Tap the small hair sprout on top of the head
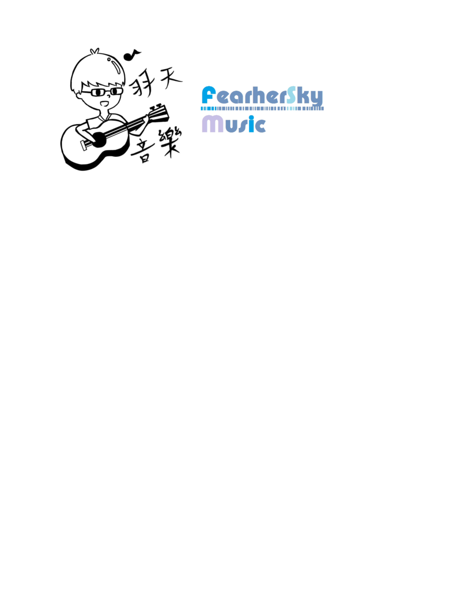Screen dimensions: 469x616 click(94, 51)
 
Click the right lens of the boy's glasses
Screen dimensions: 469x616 click(116, 91)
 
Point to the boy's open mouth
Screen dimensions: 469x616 click(105, 104)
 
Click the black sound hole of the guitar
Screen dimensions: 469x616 click(99, 139)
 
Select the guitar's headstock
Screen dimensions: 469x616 click(159, 113)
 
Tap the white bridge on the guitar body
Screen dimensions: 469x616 click(83, 145)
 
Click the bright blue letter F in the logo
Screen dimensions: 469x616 click(209, 95)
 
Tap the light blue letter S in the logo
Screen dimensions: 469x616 click(291, 95)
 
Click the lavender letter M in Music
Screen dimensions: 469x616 click(212, 124)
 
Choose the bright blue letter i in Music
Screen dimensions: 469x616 click(251, 124)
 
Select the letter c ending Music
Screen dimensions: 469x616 click(260, 126)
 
